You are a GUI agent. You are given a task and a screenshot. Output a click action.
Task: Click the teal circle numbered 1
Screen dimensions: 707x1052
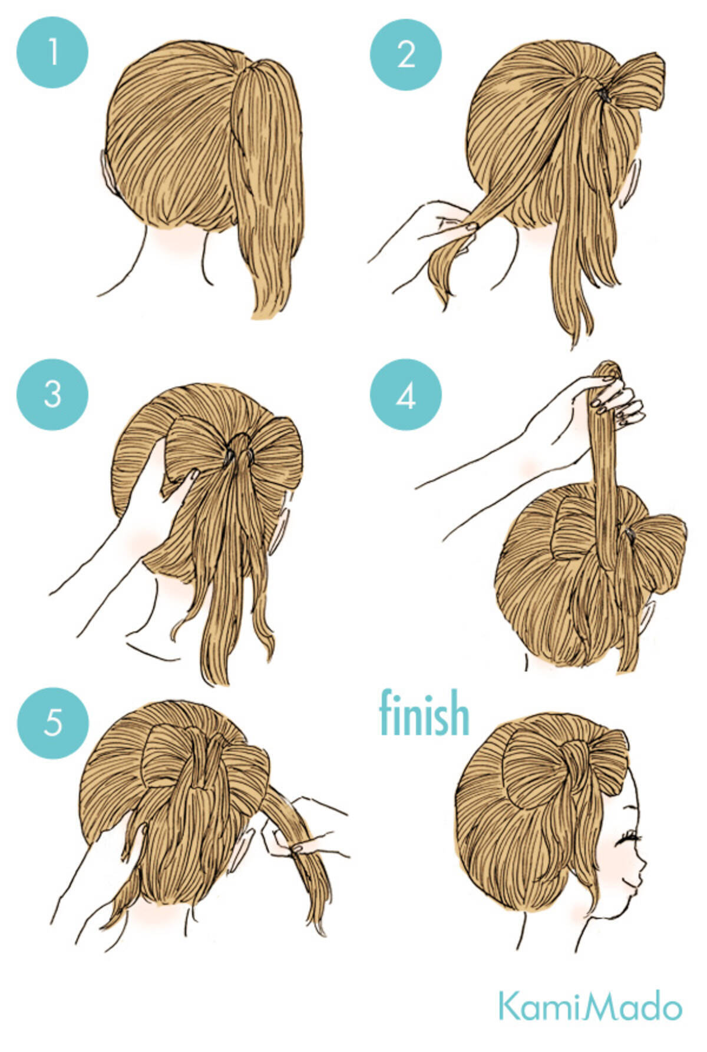52,52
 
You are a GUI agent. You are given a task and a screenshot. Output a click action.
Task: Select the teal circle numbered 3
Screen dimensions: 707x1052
52,394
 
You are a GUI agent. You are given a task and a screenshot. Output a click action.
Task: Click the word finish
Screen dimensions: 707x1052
424,713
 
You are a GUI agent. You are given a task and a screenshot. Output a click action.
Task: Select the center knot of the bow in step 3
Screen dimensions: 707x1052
239,451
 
